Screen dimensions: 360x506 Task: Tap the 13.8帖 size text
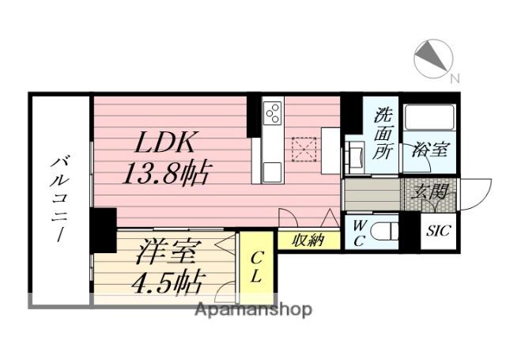pyautogui.click(x=167, y=172)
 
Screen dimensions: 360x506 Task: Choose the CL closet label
pyautogui.click(x=257, y=267)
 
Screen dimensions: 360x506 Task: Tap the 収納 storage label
pyautogui.click(x=308, y=241)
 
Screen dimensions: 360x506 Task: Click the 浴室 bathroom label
pyautogui.click(x=429, y=150)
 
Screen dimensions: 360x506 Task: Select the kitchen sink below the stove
pyautogui.click(x=272, y=170)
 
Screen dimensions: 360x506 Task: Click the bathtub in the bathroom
pyautogui.click(x=429, y=119)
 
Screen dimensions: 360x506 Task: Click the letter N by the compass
pyautogui.click(x=454, y=78)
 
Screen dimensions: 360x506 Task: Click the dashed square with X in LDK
pyautogui.click(x=304, y=148)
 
